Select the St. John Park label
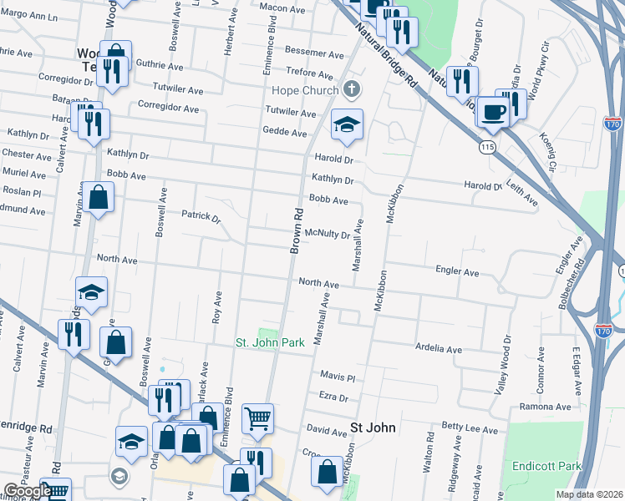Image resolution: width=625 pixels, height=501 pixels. pyautogui.click(x=268, y=342)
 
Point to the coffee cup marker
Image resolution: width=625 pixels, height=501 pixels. pyautogui.click(x=493, y=112)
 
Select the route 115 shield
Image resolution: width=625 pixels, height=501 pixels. pyautogui.click(x=485, y=147)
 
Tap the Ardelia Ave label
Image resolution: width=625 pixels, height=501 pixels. pyautogui.click(x=439, y=349)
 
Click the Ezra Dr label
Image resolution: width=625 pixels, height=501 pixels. pyautogui.click(x=333, y=397)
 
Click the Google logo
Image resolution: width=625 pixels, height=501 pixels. pyautogui.click(x=27, y=491)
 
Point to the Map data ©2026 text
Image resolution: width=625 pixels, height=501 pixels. pyautogui.click(x=589, y=494)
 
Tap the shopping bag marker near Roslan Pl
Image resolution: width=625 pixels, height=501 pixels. pyautogui.click(x=99, y=198)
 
